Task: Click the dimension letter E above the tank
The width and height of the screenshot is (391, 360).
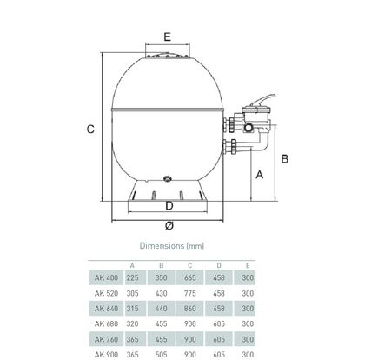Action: pyautogui.click(x=168, y=37)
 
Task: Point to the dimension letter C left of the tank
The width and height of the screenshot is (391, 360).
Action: pyautogui.click(x=90, y=129)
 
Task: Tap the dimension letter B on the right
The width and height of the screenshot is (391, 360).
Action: pyautogui.click(x=285, y=159)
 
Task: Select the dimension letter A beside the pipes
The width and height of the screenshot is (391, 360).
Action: pyautogui.click(x=260, y=175)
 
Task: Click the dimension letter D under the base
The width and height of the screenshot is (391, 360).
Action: pyautogui.click(x=169, y=206)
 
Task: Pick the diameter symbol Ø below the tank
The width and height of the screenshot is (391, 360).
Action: pyautogui.click(x=169, y=225)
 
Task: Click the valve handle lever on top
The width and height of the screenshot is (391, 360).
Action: pyautogui.click(x=263, y=100)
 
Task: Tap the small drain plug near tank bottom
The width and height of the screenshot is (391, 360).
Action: pyautogui.click(x=168, y=178)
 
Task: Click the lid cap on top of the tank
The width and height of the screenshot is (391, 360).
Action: pyautogui.click(x=168, y=56)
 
